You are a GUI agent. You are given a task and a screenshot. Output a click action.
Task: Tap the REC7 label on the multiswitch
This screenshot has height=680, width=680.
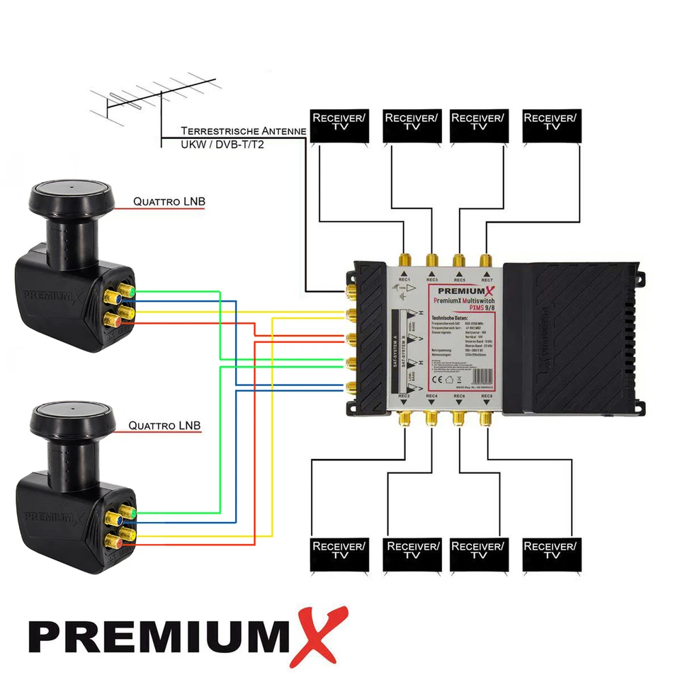coord(486,280)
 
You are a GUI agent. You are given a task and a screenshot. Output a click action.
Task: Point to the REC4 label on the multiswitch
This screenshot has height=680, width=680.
coord(431,397)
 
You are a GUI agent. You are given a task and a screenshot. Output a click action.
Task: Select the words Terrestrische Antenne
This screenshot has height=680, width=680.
coord(243,131)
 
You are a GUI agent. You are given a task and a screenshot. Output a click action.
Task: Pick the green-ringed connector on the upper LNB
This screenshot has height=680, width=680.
coord(128,291)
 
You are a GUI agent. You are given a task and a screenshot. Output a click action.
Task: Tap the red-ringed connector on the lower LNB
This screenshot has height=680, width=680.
coord(114,543)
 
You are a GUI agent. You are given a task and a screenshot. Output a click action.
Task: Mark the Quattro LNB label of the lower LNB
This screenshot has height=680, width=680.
coord(164,426)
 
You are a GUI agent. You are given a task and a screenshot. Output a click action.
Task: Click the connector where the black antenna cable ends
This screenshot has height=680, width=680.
coord(349,291)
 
